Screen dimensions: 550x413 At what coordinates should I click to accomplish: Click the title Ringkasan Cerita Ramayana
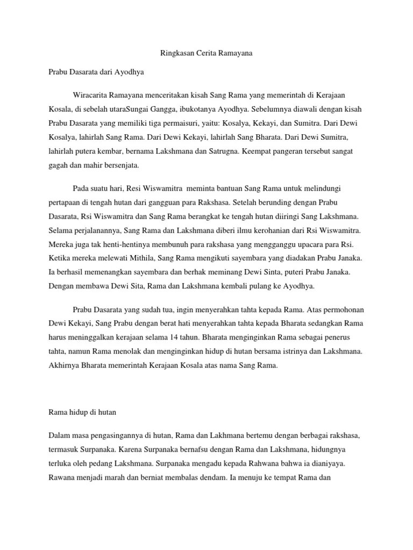[x=206, y=54]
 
